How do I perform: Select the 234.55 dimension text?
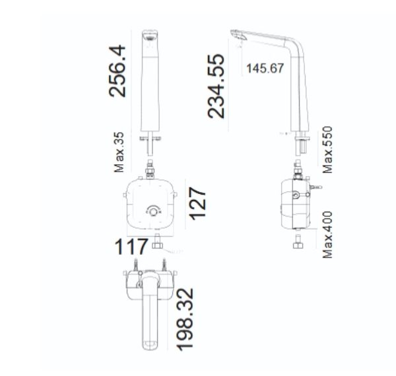point(216,86)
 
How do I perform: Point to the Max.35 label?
point(119,152)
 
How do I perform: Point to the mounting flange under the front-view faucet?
point(151,137)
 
